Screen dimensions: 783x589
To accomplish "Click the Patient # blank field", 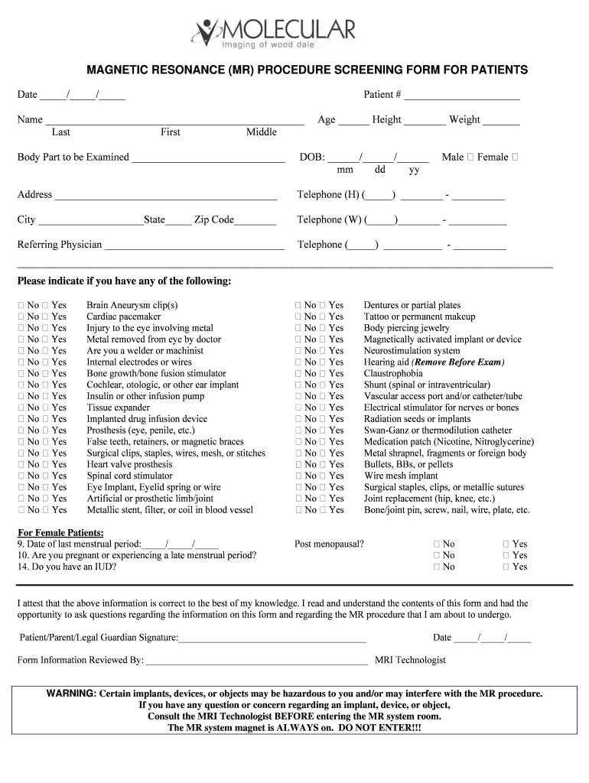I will click(462, 96).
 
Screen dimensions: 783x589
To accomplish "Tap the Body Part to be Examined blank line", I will click(207, 158).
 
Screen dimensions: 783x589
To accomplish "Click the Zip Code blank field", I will click(256, 221).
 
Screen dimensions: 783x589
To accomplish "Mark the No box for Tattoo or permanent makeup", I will click(299, 317).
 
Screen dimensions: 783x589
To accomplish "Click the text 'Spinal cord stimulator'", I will click(130, 476).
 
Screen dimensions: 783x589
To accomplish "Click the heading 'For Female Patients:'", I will click(60, 533).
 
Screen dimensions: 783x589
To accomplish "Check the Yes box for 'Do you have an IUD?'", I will click(506, 567).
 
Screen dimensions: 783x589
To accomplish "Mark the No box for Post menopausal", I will click(437, 544).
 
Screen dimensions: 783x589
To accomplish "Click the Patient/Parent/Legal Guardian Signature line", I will click(272, 638).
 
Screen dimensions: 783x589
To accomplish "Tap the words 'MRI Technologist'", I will click(410, 661).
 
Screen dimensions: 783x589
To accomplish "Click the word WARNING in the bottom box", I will click(71, 694).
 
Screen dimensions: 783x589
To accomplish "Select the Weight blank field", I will click(501, 121).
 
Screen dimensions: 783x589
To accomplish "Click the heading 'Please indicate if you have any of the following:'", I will click(124, 281).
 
